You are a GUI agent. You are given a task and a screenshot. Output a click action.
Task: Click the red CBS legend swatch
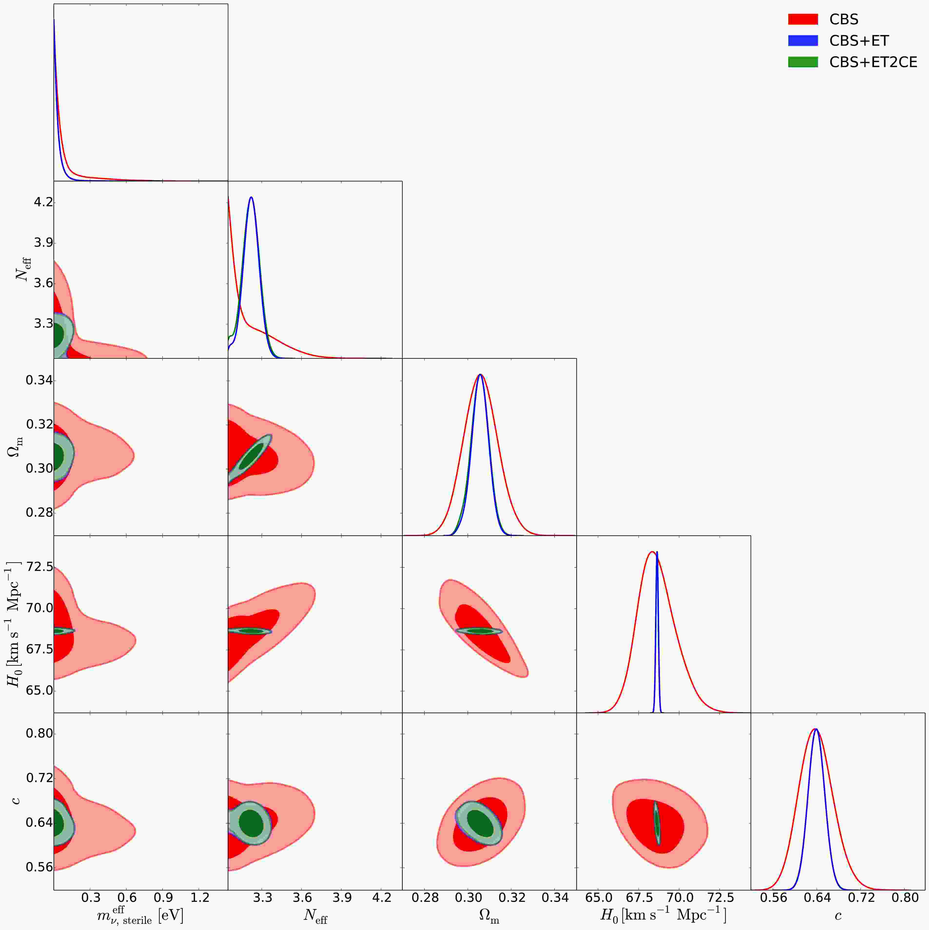coord(802,19)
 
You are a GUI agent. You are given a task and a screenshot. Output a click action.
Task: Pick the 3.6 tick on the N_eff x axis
coord(301,898)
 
